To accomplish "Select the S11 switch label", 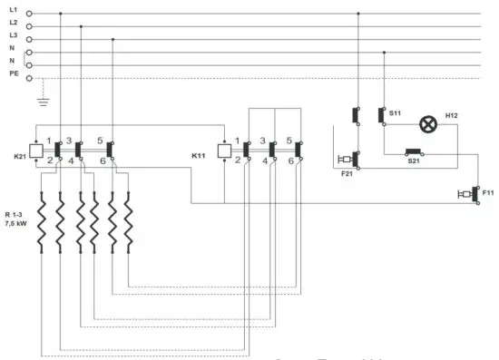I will [x=395, y=112].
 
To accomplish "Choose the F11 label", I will [x=488, y=192].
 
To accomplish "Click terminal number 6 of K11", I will [x=290, y=161].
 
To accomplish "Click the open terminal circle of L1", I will [x=29, y=14].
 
